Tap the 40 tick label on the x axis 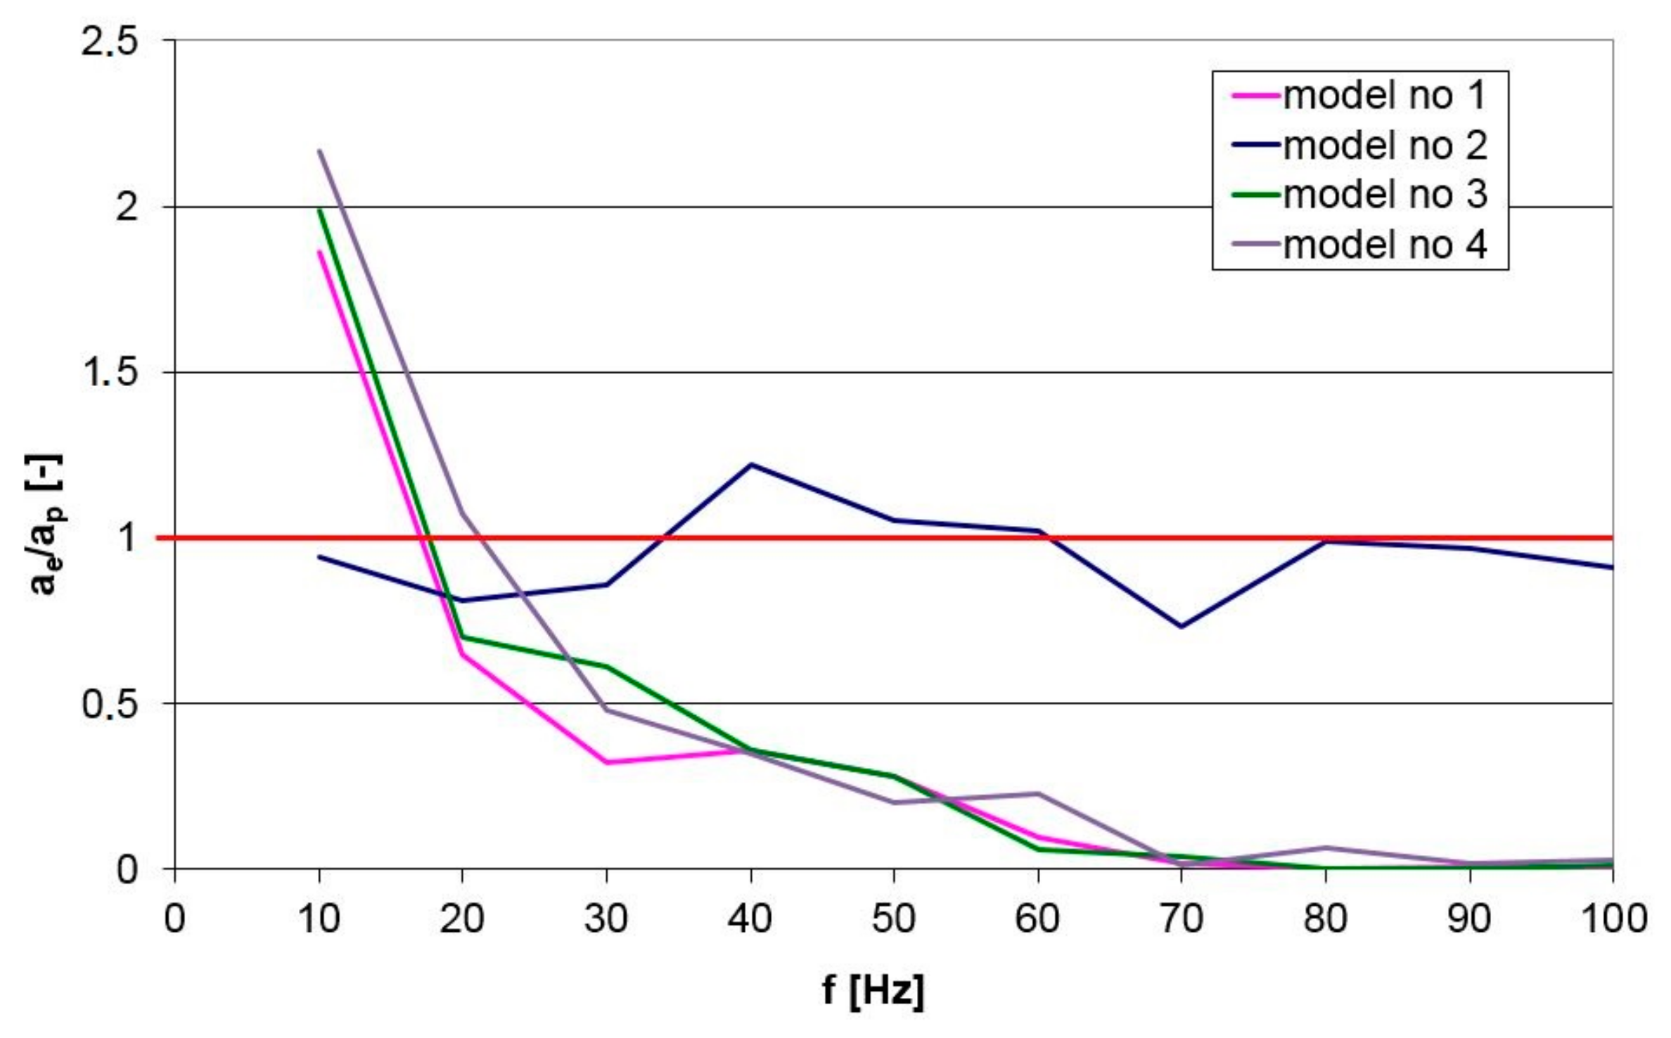750,918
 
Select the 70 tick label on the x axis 1181,918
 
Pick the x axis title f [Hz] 873,990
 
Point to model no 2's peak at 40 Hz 750,464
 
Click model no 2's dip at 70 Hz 1181,627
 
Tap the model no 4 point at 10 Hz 319,150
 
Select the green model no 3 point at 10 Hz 319,210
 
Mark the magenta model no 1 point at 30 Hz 606,762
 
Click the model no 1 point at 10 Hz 319,252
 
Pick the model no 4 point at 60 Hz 1037,793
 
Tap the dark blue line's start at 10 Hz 319,557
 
